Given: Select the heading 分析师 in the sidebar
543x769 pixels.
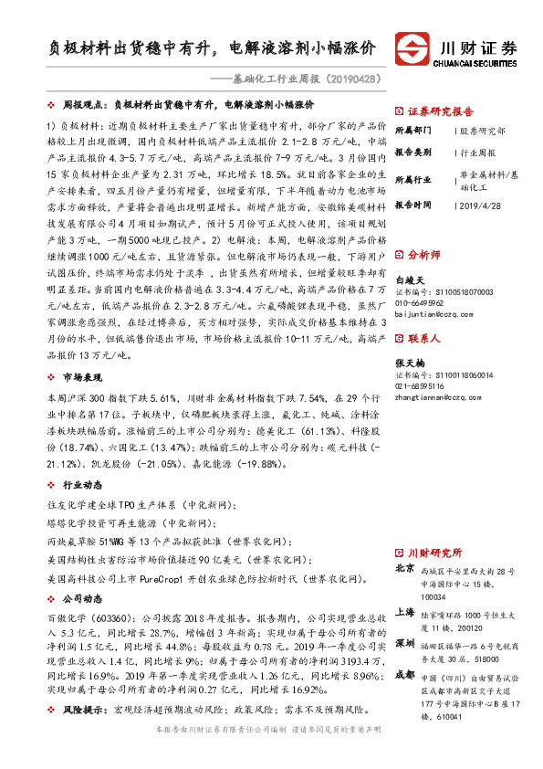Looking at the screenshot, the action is pyautogui.click(x=423, y=254).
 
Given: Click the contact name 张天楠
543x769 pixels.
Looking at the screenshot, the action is pyautogui.click(x=410, y=362).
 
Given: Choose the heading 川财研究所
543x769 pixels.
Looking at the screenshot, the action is pyautogui.click(x=434, y=553).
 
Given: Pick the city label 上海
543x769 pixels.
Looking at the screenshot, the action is pyautogui.click(x=404, y=612).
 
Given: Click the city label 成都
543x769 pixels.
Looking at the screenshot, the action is pyautogui.click(x=404, y=675).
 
